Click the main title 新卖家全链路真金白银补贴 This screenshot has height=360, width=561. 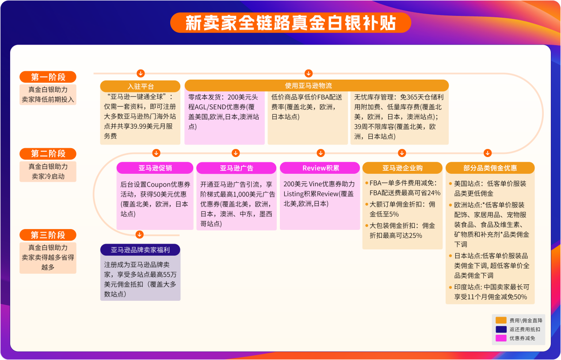point(290,23)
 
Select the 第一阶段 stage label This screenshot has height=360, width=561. point(48,77)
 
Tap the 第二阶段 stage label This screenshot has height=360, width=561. point(48,154)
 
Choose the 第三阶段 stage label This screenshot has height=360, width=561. point(48,235)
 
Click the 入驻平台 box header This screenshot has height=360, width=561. point(140,86)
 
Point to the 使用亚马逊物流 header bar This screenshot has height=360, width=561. point(317,85)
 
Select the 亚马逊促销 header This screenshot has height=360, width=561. point(155,168)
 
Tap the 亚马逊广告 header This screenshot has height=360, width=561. point(237,168)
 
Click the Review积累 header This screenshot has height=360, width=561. point(320,168)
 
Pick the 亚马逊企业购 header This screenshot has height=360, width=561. point(402,168)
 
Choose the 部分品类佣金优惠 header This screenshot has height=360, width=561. point(490,168)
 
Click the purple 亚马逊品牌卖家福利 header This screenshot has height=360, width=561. point(140,250)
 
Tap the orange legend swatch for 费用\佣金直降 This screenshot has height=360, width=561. point(501,320)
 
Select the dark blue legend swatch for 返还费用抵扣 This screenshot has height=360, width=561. point(501,329)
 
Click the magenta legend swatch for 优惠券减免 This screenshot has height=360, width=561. point(501,338)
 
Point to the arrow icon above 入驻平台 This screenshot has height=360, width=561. point(140,73)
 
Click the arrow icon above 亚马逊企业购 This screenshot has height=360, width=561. point(402,153)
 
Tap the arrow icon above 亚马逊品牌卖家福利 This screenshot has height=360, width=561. point(140,234)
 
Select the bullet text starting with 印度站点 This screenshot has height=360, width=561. point(491,292)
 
